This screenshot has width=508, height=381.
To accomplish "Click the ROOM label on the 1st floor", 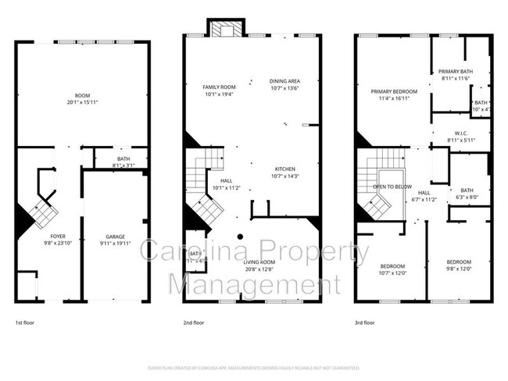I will pos(82,97).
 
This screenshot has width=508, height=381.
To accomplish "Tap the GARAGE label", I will pos(115,235).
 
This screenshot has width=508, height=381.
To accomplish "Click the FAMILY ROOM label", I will pos(219,87).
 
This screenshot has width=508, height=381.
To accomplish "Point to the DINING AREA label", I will pos(284,80).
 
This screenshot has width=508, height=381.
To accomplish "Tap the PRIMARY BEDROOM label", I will pos(394,91).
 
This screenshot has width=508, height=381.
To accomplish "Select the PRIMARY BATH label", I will pos(454,71).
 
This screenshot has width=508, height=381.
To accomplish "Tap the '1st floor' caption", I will pos(24,322).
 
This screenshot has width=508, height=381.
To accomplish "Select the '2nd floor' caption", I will pos(193,322).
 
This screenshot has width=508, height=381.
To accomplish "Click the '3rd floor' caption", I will pos(364,322).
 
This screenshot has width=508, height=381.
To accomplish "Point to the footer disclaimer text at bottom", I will pos(253,368).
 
